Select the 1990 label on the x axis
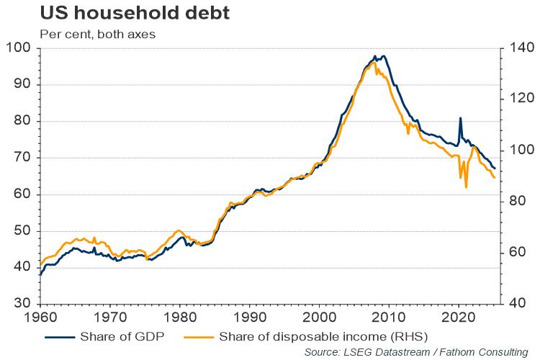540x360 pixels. [x=250, y=317]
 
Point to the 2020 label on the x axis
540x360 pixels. [x=459, y=317]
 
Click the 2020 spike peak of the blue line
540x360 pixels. [x=460, y=118]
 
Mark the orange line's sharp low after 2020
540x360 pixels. [x=467, y=187]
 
